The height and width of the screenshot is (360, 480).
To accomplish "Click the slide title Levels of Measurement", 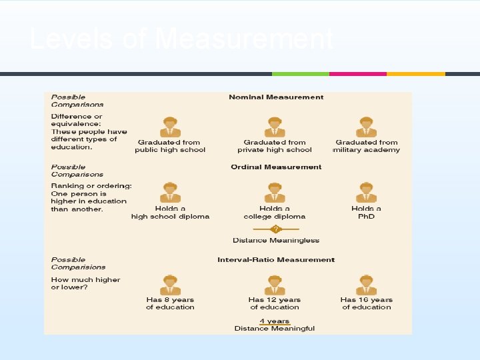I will pyautogui.click(x=181, y=40).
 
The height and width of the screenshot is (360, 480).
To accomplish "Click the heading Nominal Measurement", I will pyautogui.click(x=276, y=97).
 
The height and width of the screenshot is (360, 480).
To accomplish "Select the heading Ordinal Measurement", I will pyautogui.click(x=276, y=167).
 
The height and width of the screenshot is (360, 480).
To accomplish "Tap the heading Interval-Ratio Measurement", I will pyautogui.click(x=276, y=260).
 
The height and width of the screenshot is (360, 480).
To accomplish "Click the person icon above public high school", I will pyautogui.click(x=170, y=127).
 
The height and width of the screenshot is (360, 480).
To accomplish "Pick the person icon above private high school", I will pyautogui.click(x=275, y=127).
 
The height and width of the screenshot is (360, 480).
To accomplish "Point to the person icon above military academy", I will pyautogui.click(x=366, y=127).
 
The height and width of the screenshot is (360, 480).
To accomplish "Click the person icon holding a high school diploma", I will pyautogui.click(x=170, y=193).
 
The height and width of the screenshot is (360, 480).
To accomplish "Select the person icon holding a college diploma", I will pyautogui.click(x=275, y=193).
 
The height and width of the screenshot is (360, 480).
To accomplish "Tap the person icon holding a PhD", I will pyautogui.click(x=366, y=193).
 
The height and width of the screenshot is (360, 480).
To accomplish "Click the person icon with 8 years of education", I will pyautogui.click(x=170, y=285).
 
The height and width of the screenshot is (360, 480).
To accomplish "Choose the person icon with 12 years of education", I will pyautogui.click(x=275, y=285).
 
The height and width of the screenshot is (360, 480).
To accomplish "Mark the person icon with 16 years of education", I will pyautogui.click(x=366, y=285).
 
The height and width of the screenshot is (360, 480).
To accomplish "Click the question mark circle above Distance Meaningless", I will pyautogui.click(x=276, y=229).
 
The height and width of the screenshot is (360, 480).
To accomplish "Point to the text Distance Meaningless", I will pyautogui.click(x=276, y=241).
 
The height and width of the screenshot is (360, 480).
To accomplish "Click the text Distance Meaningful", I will pyautogui.click(x=275, y=328).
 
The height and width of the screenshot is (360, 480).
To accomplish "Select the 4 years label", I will pyautogui.click(x=275, y=321).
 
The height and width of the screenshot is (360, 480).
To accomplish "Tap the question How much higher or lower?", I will pyautogui.click(x=85, y=283).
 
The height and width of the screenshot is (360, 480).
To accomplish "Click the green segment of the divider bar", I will pyautogui.click(x=300, y=73).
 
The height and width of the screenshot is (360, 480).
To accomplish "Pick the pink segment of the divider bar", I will pyautogui.click(x=358, y=73).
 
